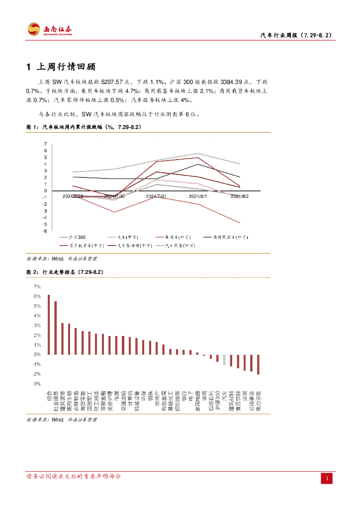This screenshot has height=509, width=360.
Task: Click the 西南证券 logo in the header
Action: click(x=50, y=29)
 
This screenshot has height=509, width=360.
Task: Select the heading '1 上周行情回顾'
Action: click(x=61, y=67)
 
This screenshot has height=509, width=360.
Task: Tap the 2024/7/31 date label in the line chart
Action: click(x=156, y=196)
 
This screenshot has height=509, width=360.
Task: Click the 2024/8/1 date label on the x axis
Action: click(x=198, y=196)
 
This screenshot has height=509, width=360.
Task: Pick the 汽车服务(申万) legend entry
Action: click(x=176, y=246)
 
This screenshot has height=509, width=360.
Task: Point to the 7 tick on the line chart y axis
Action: click(x=45, y=144)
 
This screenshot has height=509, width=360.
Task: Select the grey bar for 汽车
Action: click(x=224, y=360)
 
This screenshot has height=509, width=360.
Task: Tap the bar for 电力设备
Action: click(x=258, y=364)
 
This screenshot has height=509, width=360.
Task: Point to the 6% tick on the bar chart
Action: click(x=37, y=296)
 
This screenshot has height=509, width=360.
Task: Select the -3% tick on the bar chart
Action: click(x=37, y=384)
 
